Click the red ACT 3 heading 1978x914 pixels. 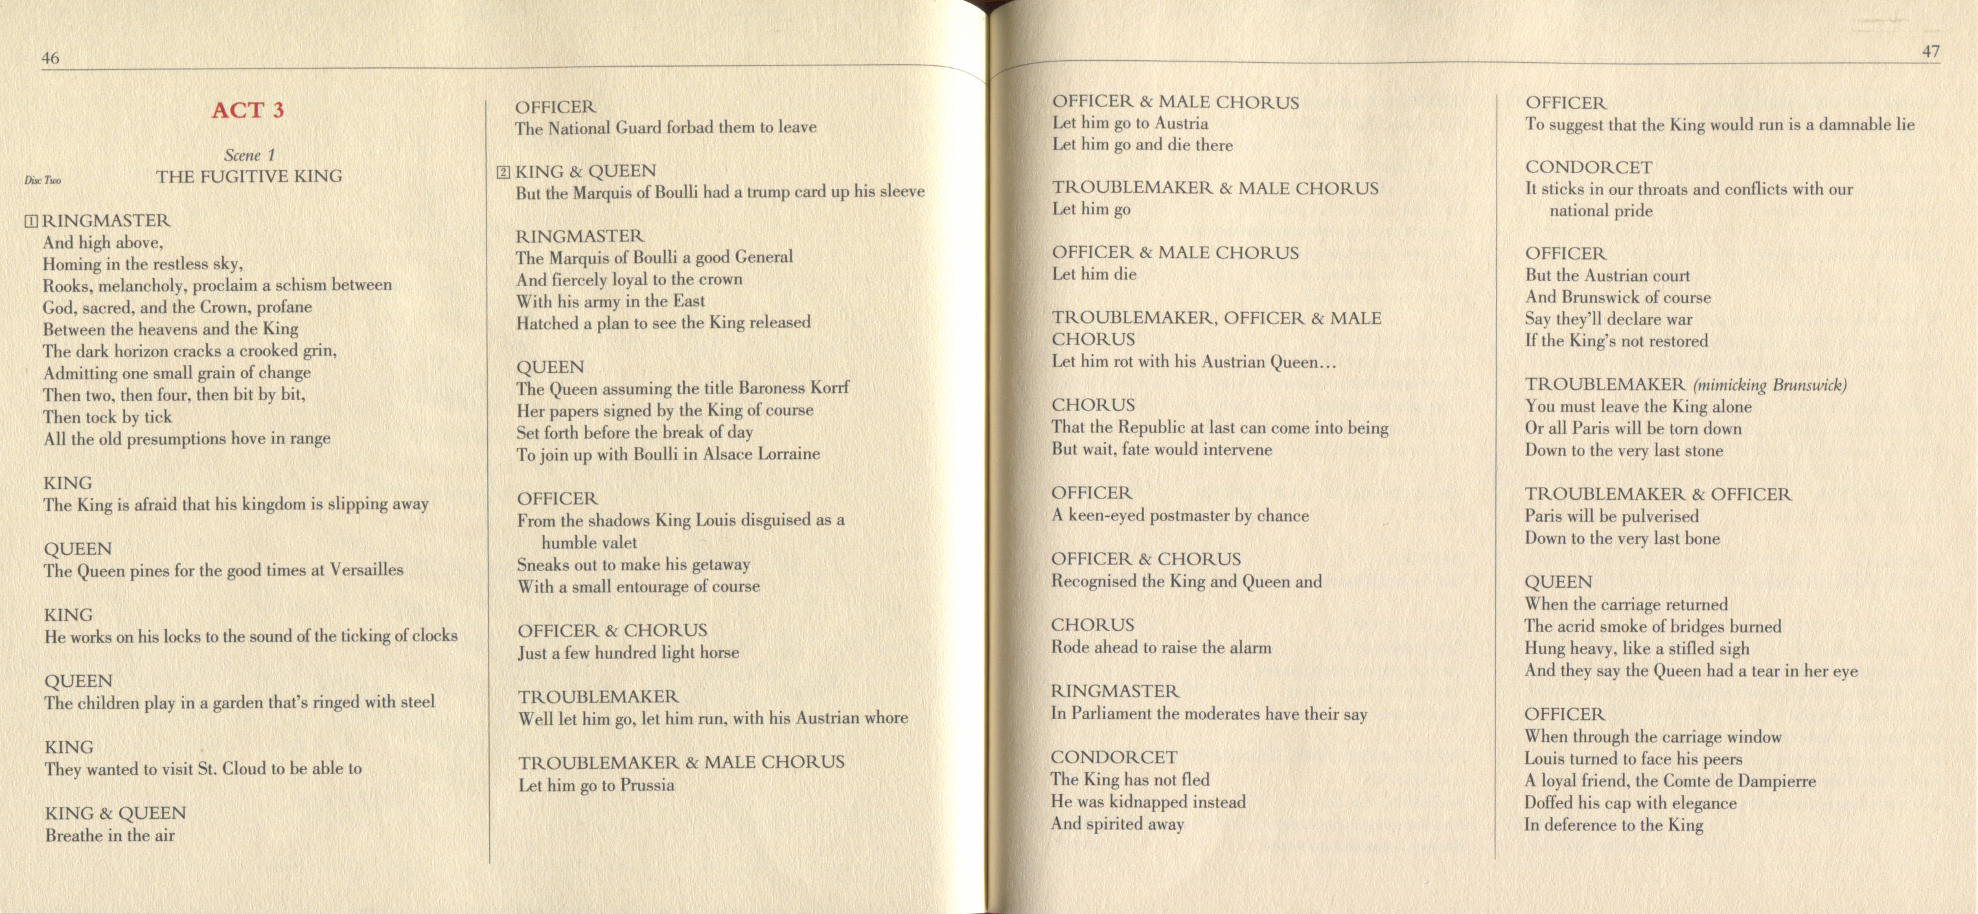coord(248,110)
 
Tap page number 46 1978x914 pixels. coord(51,58)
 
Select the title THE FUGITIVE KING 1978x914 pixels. coord(249,177)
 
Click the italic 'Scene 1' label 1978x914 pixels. coord(249,155)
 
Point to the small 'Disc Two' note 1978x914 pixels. coord(43,181)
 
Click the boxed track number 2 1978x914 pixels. coord(503,172)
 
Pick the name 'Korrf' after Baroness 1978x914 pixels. coord(829,388)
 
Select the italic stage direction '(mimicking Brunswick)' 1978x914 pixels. coord(1770,385)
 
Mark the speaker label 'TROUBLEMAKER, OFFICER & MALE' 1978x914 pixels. coord(1216,318)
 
